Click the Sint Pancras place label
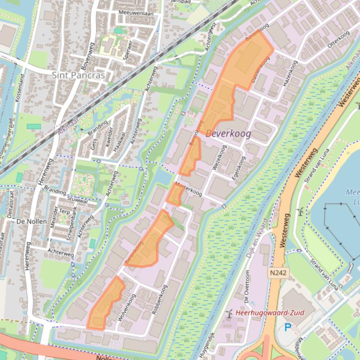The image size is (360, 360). pyautogui.click(x=78, y=75)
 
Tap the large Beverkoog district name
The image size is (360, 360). pyautogui.click(x=228, y=134)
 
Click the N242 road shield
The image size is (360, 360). pyautogui.click(x=279, y=272)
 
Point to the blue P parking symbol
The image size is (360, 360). pyautogui.click(x=287, y=328)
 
